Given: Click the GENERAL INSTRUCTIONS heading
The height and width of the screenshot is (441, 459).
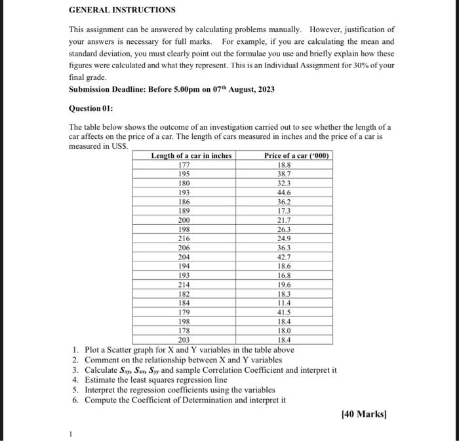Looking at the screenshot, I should click(122, 10).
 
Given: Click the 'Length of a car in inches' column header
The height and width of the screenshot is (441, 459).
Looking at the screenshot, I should click(191, 156).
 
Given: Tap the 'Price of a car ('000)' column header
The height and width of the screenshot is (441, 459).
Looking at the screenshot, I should click(297, 156).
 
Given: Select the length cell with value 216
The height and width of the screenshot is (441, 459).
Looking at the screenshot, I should click(184, 239).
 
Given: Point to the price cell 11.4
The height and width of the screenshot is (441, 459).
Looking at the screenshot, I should click(284, 303).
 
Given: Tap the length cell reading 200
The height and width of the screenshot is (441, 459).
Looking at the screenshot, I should click(184, 221).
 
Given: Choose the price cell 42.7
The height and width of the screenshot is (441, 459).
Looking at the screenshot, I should click(284, 258).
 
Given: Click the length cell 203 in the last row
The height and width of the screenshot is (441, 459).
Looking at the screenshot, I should click(184, 340).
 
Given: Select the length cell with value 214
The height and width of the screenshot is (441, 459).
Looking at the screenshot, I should click(184, 285).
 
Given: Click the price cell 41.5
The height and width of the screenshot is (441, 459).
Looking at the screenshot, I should click(284, 313).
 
